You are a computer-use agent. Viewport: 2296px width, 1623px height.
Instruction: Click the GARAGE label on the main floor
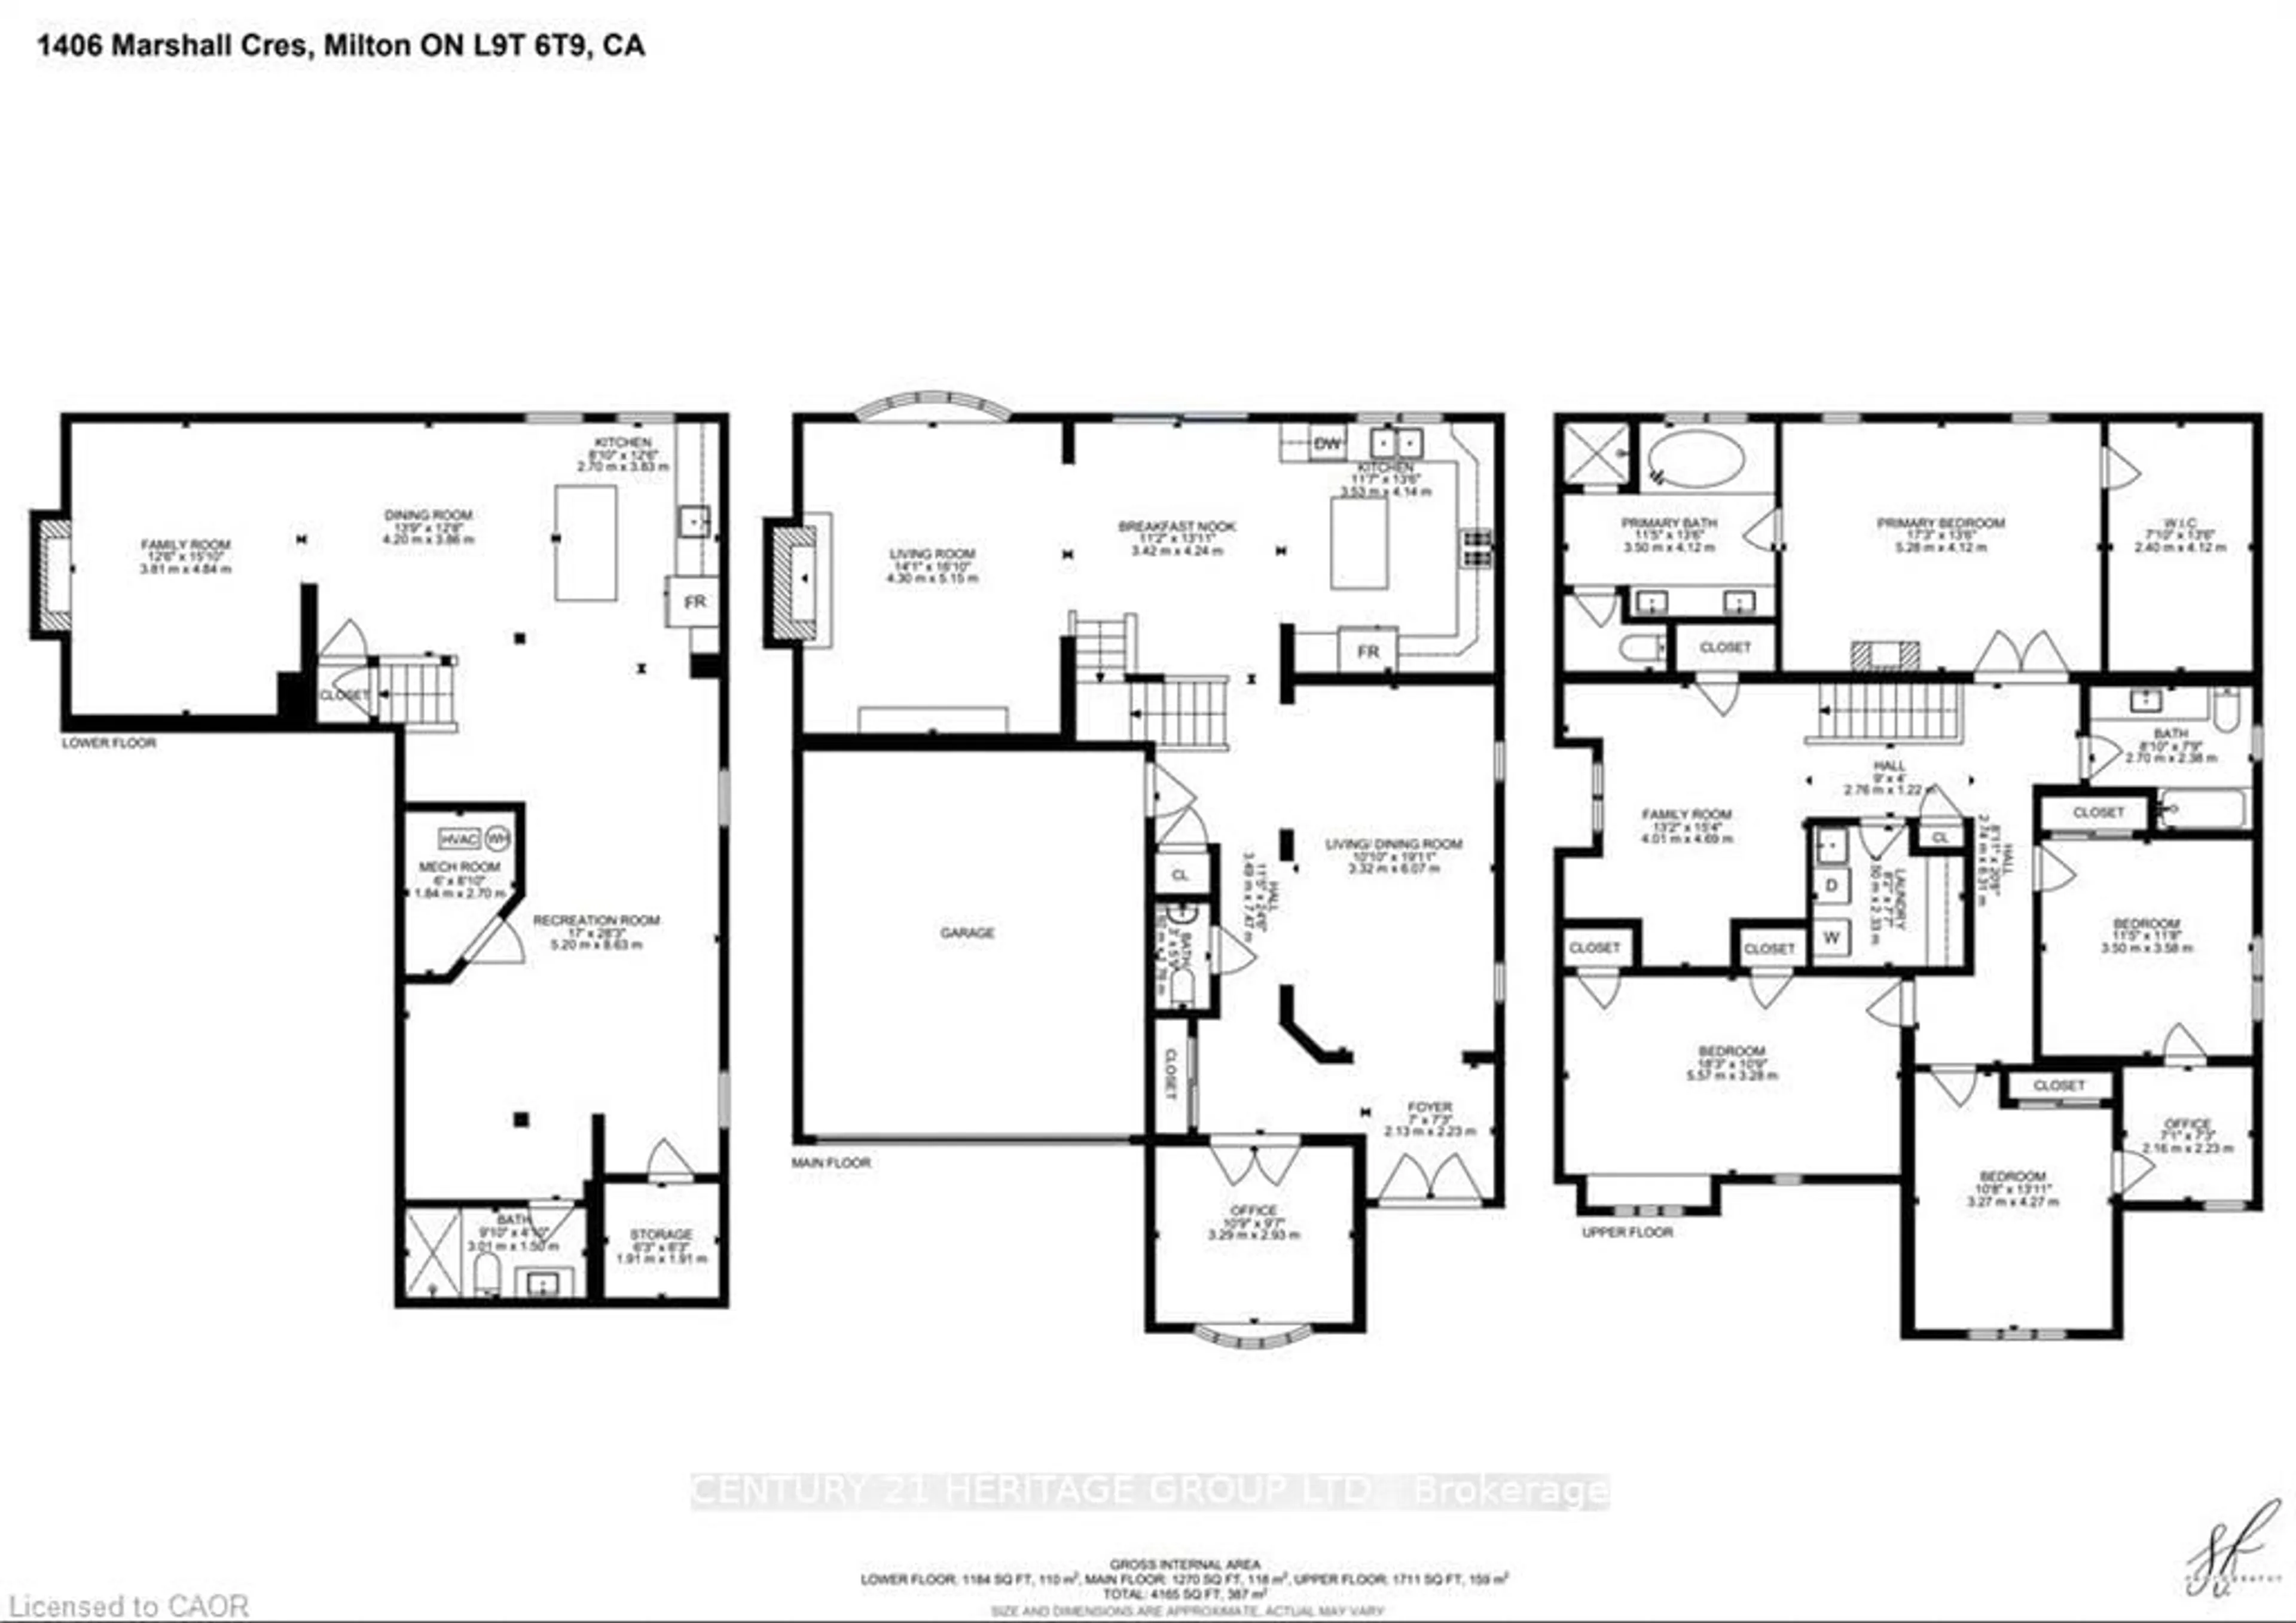coord(966,932)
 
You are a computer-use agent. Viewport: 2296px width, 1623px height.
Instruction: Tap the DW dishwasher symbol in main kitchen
coord(1327,443)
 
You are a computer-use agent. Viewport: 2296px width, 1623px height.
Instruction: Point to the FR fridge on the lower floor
coord(694,601)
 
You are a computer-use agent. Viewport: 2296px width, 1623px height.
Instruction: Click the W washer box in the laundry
coord(1831,937)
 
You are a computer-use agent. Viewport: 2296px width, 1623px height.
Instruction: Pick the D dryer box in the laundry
coord(1831,885)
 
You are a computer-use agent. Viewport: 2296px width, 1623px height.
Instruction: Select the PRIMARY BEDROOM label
coord(1940,523)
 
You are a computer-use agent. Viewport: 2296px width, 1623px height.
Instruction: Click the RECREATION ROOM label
coord(596,920)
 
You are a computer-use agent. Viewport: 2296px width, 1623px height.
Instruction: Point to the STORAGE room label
coord(661,1234)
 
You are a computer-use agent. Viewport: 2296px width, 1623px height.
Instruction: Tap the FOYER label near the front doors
coord(1429,1107)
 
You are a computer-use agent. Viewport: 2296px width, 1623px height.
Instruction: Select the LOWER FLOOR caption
coord(109,743)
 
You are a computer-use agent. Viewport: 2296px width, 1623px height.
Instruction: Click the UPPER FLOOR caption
coord(1627,1232)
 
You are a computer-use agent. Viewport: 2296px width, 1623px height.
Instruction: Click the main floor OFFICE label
coord(1253,1210)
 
